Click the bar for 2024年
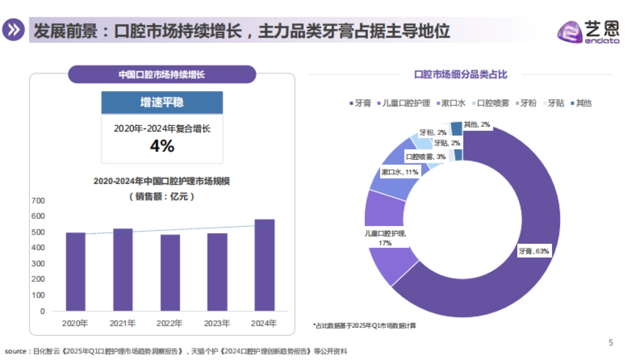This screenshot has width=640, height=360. point(265,265)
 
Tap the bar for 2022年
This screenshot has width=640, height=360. point(170,273)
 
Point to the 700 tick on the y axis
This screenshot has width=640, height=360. point(38,201)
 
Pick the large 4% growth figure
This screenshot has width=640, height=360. point(162,146)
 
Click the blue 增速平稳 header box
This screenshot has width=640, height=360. point(162,102)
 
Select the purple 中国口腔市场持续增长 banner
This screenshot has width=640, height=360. point(162,75)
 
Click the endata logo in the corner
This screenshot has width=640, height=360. point(588,32)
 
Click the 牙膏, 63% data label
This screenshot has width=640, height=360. point(533,251)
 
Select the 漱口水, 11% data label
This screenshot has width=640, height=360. point(399,172)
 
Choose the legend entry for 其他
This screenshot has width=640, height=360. point(581,103)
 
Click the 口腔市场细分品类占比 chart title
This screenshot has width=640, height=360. point(461,75)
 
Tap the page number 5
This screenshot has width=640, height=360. point(611,343)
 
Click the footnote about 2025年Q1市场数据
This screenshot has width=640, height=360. point(364,325)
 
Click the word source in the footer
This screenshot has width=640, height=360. point(15,351)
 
